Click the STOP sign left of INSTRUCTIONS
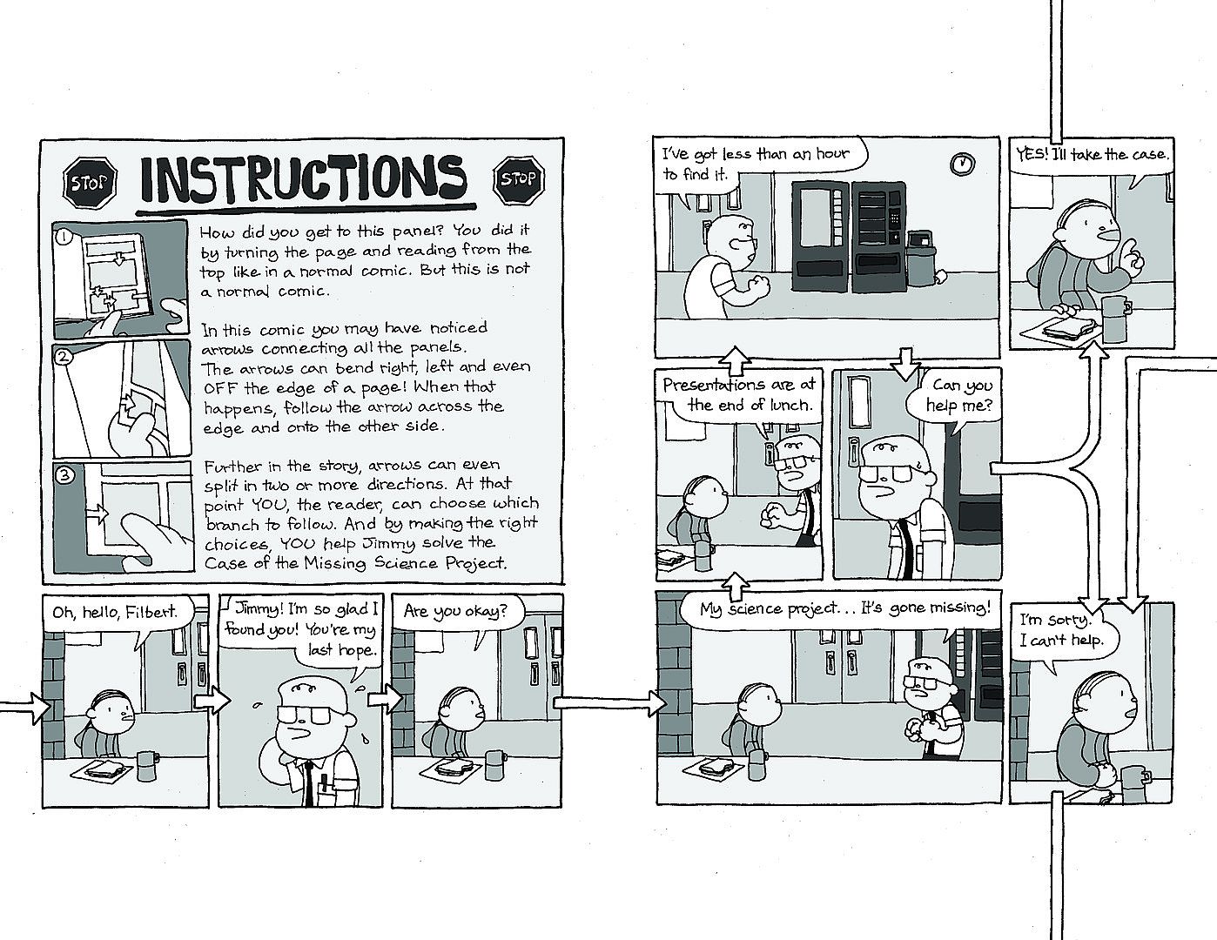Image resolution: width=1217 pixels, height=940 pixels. (x=91, y=183)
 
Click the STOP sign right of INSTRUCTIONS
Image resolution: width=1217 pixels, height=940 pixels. (x=519, y=179)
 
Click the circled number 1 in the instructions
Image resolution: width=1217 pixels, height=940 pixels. (x=64, y=238)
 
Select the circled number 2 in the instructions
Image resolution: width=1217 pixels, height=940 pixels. (x=64, y=356)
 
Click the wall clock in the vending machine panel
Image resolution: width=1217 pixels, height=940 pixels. (x=962, y=164)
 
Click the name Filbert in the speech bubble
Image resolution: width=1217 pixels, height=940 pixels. (x=151, y=612)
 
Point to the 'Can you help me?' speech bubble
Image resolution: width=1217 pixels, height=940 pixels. (x=954, y=399)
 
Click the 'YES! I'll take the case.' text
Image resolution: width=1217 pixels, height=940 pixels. (x=1093, y=154)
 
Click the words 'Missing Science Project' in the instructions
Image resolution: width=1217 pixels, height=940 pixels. (x=406, y=562)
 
